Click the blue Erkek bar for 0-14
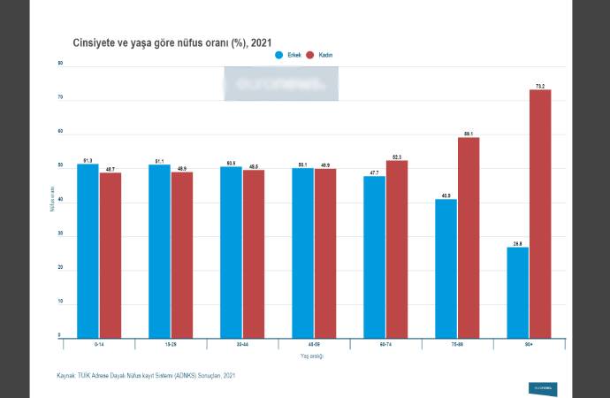pos(88,250)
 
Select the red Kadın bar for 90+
pos(540,213)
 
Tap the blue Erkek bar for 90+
pos(518,292)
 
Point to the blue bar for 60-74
pos(374,256)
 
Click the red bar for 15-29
pos(181,254)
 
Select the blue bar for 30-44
pos(231,251)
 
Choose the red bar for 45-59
pos(324,253)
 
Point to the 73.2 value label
pos(540,86)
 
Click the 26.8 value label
pos(518,242)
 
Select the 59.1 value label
pos(469,134)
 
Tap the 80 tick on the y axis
pos(60,65)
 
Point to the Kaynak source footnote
pos(146,376)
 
